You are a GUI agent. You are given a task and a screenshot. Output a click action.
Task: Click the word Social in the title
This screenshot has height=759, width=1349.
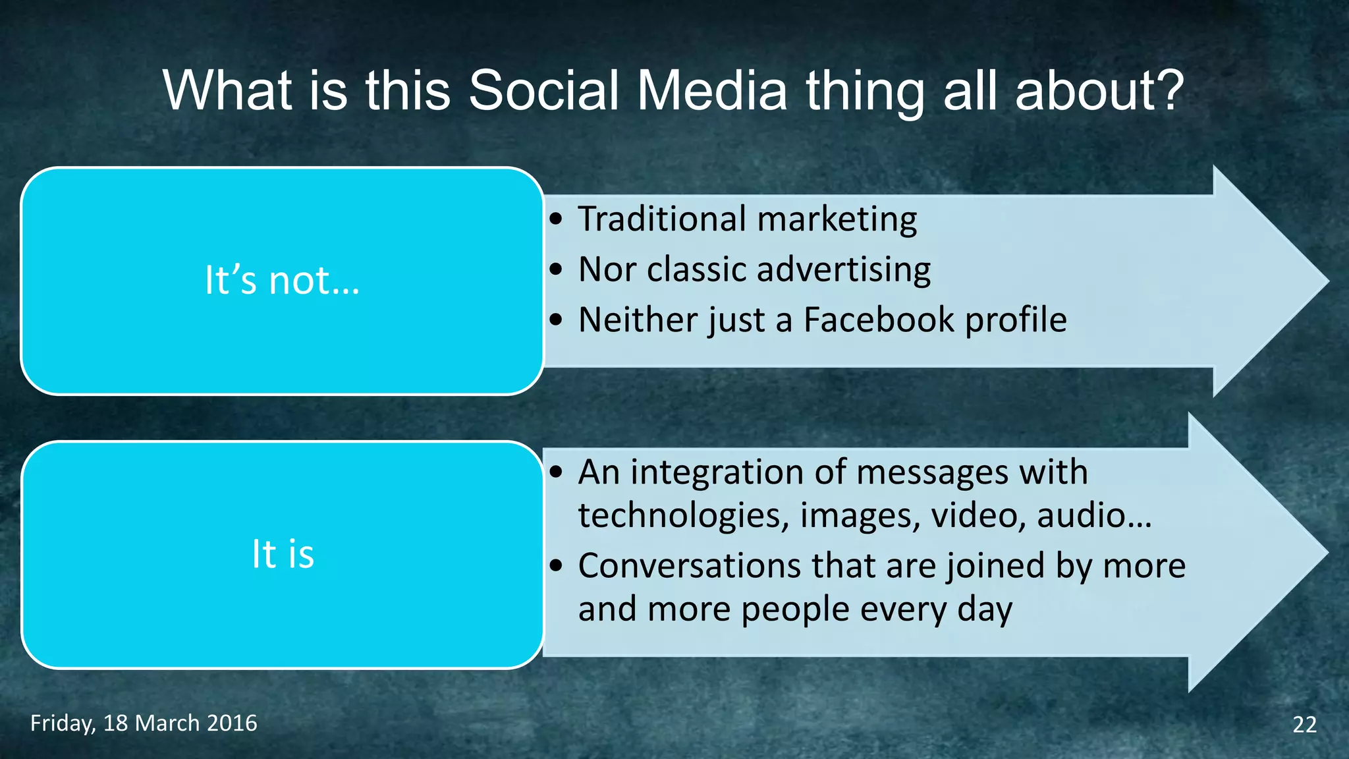coord(543,90)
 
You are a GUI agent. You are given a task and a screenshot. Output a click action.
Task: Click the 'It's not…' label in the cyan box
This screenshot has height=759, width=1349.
coord(282,280)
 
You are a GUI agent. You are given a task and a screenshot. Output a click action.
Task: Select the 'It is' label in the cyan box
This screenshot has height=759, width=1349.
coord(283,553)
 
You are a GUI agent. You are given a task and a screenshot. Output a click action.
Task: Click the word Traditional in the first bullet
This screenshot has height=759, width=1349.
coord(661,219)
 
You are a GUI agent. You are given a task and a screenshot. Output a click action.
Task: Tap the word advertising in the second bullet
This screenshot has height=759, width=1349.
coord(843,269)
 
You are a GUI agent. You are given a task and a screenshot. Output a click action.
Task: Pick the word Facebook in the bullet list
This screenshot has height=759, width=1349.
coord(879,320)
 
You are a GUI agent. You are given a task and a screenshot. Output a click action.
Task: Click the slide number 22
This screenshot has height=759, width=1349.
coord(1304,724)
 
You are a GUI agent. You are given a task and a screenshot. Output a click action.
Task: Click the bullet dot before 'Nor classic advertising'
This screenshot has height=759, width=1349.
coord(557,269)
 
